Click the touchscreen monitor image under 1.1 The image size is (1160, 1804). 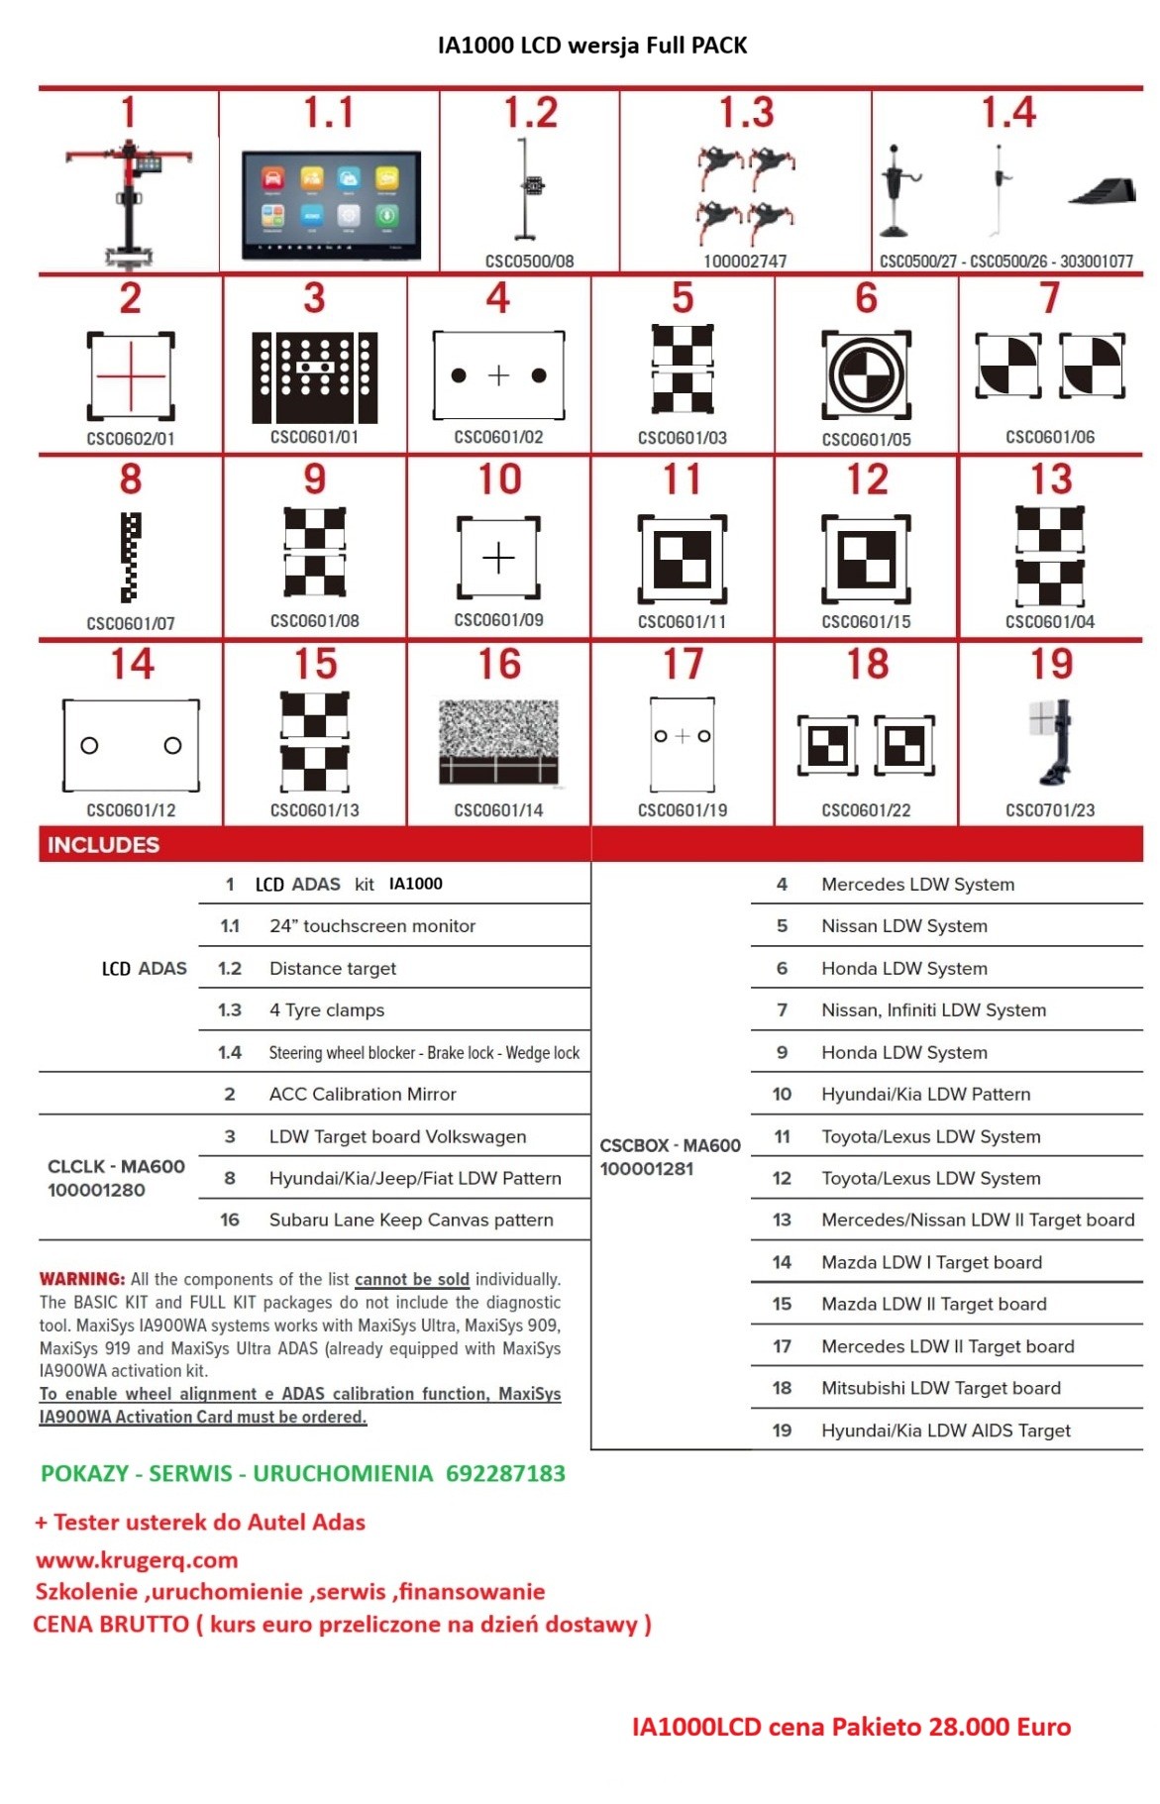(331, 205)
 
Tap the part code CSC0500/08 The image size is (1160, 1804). (529, 262)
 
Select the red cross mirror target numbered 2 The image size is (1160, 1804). (131, 376)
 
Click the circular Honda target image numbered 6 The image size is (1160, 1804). (866, 375)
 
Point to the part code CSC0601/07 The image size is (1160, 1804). (131, 623)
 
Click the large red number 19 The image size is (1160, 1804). (1051, 665)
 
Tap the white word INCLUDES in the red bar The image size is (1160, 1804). (103, 845)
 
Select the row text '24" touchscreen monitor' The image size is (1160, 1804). (372, 926)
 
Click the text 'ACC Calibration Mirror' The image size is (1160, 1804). (363, 1095)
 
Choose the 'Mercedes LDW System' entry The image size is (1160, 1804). (917, 885)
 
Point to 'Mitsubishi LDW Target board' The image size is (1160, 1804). (940, 1388)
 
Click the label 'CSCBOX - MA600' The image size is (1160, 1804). (670, 1145)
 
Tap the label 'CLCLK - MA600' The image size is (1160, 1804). (116, 1166)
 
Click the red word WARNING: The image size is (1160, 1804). (82, 1279)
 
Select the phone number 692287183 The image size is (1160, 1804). (505, 1473)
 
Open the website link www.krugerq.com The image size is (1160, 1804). (137, 1560)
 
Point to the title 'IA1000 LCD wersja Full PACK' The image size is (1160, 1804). (592, 46)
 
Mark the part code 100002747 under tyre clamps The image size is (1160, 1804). (745, 262)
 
